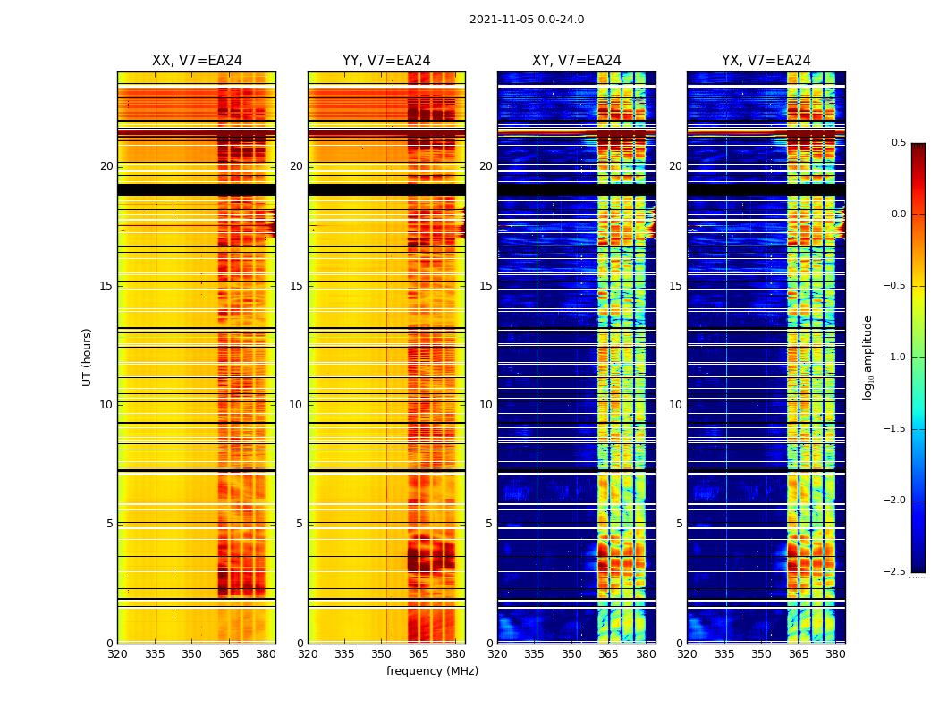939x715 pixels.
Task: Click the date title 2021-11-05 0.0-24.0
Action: (527, 20)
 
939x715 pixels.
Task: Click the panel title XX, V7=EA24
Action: (197, 61)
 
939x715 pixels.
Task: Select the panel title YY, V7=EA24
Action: (386, 61)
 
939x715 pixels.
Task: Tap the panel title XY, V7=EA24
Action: (577, 61)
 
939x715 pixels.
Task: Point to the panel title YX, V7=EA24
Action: (766, 61)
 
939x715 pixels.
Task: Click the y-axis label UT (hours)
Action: (88, 357)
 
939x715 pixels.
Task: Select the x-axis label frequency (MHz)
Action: (432, 671)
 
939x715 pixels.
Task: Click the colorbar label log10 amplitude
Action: (867, 357)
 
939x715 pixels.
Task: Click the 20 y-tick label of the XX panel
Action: (107, 166)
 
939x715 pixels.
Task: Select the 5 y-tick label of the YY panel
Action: (300, 524)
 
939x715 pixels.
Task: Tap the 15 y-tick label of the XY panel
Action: (486, 286)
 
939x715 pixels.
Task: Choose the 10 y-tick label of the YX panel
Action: (676, 405)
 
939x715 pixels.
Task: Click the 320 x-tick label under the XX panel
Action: (117, 654)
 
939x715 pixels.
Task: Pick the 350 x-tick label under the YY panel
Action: (382, 654)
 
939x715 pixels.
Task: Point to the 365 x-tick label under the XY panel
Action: (608, 654)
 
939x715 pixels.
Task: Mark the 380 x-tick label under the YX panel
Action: (835, 654)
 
